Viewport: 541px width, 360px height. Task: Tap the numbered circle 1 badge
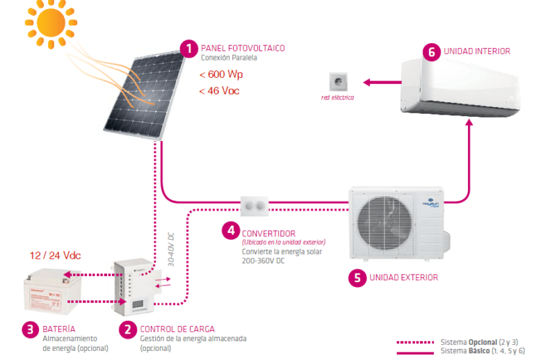[x=188, y=49]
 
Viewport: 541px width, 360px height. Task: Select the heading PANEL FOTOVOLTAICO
[x=243, y=48]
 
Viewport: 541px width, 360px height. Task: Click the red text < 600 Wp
[x=221, y=74]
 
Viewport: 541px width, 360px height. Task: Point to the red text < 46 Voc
[x=220, y=91]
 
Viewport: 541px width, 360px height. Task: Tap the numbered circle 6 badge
[x=431, y=52]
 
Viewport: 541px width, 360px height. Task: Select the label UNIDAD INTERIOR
[x=476, y=51]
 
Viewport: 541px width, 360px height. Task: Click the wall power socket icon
[x=338, y=81]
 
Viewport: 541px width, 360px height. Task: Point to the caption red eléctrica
[x=337, y=98]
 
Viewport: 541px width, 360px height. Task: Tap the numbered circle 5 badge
[x=357, y=278]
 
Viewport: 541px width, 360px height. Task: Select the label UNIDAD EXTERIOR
[x=403, y=277]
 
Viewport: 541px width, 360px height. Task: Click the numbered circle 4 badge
[x=230, y=230]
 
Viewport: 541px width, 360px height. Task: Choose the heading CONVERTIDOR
[x=268, y=234]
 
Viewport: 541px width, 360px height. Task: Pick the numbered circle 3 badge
[x=30, y=329]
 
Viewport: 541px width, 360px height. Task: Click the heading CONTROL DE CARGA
[x=177, y=329]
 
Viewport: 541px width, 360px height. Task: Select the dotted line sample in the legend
[x=415, y=342]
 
